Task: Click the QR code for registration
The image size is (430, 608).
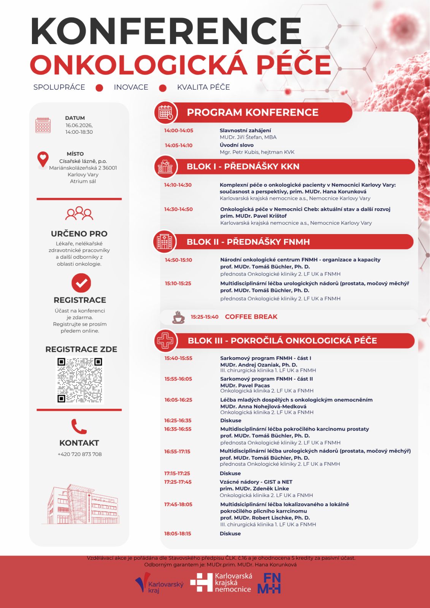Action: pyautogui.click(x=79, y=380)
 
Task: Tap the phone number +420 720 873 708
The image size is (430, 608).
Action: pyautogui.click(x=79, y=454)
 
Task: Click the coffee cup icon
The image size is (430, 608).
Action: pyautogui.click(x=178, y=317)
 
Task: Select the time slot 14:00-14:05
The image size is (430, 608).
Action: pyautogui.click(x=179, y=130)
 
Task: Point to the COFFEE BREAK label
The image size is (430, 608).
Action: pyautogui.click(x=251, y=317)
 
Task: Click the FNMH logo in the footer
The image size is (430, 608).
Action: pyautogui.click(x=269, y=583)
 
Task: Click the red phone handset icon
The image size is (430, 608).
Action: pyautogui.click(x=79, y=426)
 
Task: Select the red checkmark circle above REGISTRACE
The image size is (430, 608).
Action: pyautogui.click(x=81, y=283)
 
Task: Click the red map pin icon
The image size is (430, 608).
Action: pyautogui.click(x=43, y=159)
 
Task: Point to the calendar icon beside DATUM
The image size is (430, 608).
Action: pyautogui.click(x=43, y=125)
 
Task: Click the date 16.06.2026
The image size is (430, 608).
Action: pyautogui.click(x=79, y=125)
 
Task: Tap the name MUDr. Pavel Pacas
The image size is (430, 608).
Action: pyautogui.click(x=245, y=385)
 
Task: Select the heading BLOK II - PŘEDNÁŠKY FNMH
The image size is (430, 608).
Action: pyautogui.click(x=248, y=242)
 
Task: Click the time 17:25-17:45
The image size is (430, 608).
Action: pyautogui.click(x=178, y=482)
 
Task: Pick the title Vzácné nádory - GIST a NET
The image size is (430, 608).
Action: pyautogui.click(x=256, y=482)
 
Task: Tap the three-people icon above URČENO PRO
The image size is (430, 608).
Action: pyautogui.click(x=79, y=214)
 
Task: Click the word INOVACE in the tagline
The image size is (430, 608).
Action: pyautogui.click(x=131, y=87)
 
